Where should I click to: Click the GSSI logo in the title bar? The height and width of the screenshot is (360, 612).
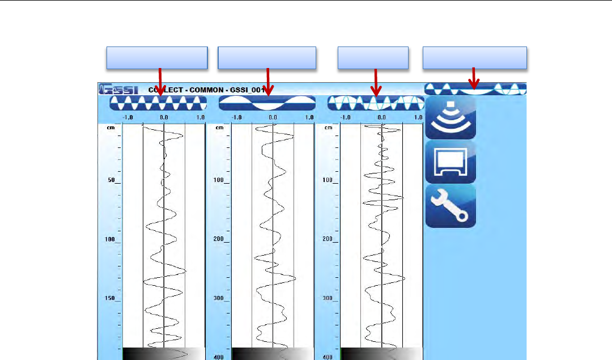[x=115, y=90]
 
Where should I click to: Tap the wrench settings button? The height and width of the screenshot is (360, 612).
[x=450, y=206]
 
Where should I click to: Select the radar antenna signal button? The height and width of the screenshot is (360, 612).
[x=450, y=117]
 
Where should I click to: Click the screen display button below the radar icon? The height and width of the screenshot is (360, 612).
[x=450, y=162]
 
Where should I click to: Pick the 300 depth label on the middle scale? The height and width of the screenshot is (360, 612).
[x=220, y=298]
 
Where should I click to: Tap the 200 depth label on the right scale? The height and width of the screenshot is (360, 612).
[x=329, y=239]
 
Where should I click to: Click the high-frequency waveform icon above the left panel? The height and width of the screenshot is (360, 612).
[x=158, y=103]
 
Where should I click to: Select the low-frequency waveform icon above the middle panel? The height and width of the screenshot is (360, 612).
[x=266, y=103]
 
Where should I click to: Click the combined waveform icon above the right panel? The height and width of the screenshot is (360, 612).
[x=375, y=103]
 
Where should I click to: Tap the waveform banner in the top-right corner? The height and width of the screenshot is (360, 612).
[x=475, y=88]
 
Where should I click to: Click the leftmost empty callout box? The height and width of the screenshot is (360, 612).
[x=157, y=58]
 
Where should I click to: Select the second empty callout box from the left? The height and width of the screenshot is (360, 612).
[x=267, y=58]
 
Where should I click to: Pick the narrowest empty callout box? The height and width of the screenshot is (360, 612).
[x=373, y=58]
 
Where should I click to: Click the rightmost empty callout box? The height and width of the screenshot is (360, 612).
[x=475, y=58]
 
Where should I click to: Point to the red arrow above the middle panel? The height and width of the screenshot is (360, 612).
[x=267, y=81]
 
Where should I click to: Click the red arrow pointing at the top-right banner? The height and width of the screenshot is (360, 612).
[x=474, y=77]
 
